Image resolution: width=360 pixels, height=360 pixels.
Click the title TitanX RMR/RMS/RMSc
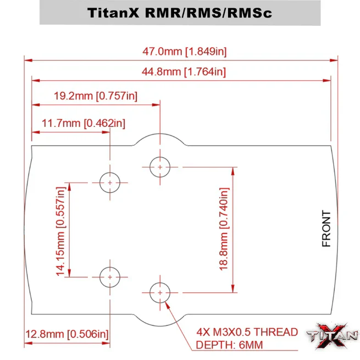[x=180, y=13]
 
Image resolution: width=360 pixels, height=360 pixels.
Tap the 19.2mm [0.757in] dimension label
[x=96, y=96]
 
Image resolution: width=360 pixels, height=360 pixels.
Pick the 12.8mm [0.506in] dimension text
[x=67, y=334]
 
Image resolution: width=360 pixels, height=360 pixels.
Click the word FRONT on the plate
[x=326, y=229]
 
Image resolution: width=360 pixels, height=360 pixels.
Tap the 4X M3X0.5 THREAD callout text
[x=247, y=332]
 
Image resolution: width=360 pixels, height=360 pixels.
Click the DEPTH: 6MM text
[x=231, y=345]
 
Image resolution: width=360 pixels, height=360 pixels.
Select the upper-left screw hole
[x=110, y=182]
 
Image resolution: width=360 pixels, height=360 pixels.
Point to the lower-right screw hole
[x=159, y=293]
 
